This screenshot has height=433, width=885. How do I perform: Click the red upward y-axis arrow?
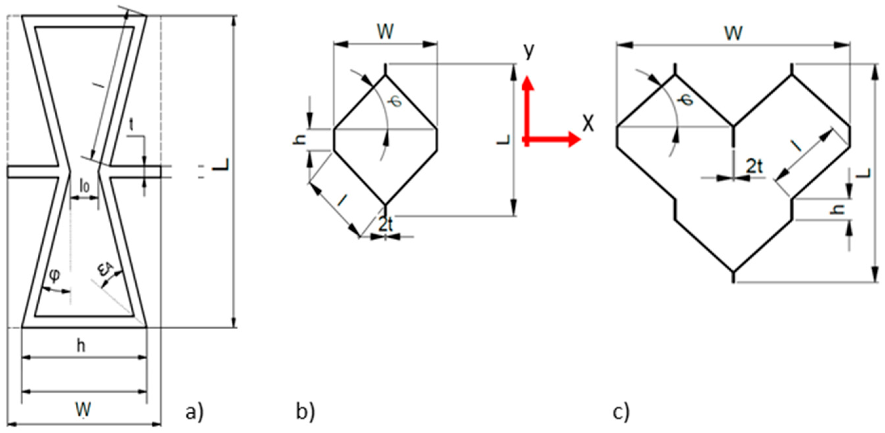[528, 103]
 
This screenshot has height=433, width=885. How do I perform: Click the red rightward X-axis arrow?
[557, 139]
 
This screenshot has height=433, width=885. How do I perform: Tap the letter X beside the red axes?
[588, 124]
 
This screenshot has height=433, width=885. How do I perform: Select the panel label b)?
[305, 412]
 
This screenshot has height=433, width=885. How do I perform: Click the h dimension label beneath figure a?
[81, 346]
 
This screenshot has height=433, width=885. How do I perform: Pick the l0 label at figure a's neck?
[85, 186]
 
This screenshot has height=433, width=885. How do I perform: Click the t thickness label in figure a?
[131, 126]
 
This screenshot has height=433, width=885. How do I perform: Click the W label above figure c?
[734, 34]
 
